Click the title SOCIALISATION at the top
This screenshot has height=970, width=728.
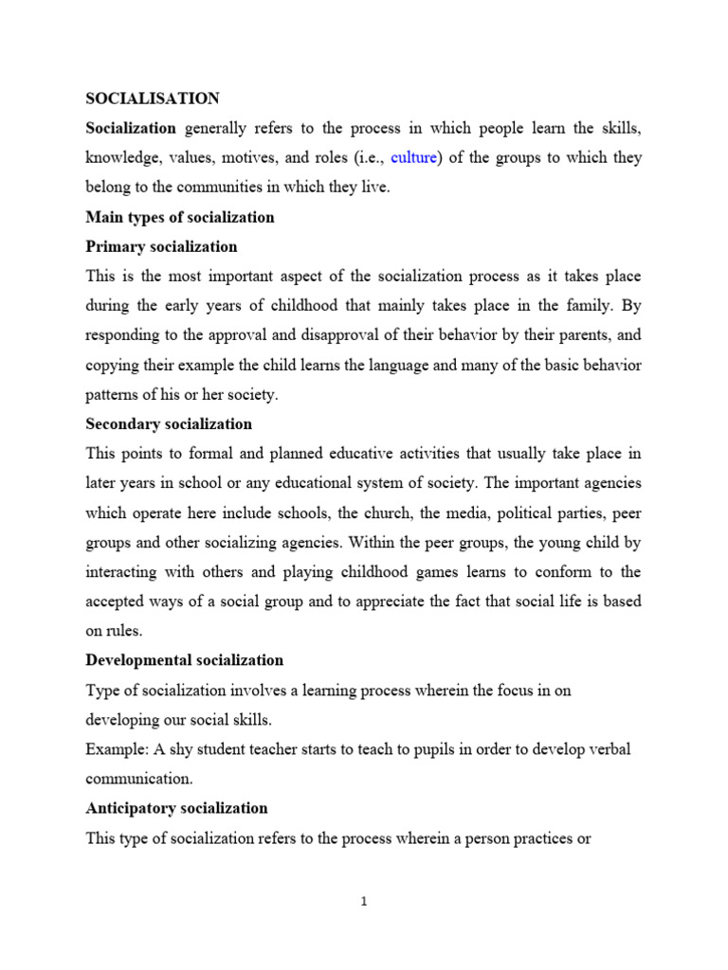coord(153,98)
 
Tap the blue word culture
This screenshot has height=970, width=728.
coord(413,157)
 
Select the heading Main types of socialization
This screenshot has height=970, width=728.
coord(180,217)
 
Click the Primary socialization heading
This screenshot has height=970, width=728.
coord(161,246)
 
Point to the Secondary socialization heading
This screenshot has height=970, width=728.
coord(169,423)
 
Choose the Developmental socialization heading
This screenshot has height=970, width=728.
coord(184,659)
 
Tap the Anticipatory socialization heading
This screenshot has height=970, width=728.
coord(176,808)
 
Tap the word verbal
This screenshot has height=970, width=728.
coord(607,749)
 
